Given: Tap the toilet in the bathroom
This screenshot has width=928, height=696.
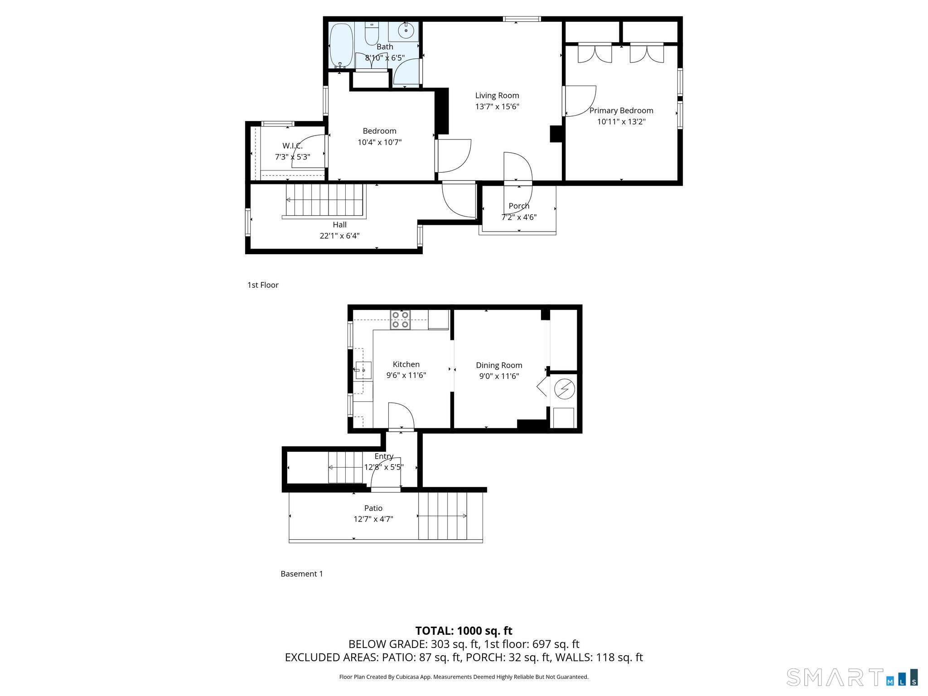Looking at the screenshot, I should coord(372,34).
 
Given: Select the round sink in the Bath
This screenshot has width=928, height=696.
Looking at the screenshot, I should coord(406,31).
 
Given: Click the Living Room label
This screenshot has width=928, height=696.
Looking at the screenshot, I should coord(497,96).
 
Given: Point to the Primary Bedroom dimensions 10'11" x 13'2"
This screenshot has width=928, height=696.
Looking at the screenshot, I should coord(621,122).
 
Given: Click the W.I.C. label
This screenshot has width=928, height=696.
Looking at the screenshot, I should coord(292,146).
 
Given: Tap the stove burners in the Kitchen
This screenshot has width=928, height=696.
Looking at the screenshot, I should coord(401,319).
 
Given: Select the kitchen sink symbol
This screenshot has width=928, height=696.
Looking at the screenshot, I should coord(363,370).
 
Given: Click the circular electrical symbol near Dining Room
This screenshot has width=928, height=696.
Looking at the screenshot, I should coord(565,389).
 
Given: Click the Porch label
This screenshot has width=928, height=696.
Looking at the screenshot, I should coord(519,206).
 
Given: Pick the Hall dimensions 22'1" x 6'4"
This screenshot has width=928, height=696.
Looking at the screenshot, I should coord(339,236).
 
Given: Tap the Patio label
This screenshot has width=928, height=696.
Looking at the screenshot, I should coord(373,508).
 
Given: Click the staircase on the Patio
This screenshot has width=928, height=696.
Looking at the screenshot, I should coord(443,516).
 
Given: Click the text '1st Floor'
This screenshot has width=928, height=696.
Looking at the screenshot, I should coord(263,285).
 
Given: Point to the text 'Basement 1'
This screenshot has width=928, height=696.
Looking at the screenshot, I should coord(302,574).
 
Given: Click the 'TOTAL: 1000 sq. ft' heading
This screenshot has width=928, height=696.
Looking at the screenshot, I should coord(464,631).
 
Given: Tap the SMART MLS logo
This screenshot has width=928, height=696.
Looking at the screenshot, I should coord(852,677).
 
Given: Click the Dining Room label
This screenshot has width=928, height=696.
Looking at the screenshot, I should coord(499,365).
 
